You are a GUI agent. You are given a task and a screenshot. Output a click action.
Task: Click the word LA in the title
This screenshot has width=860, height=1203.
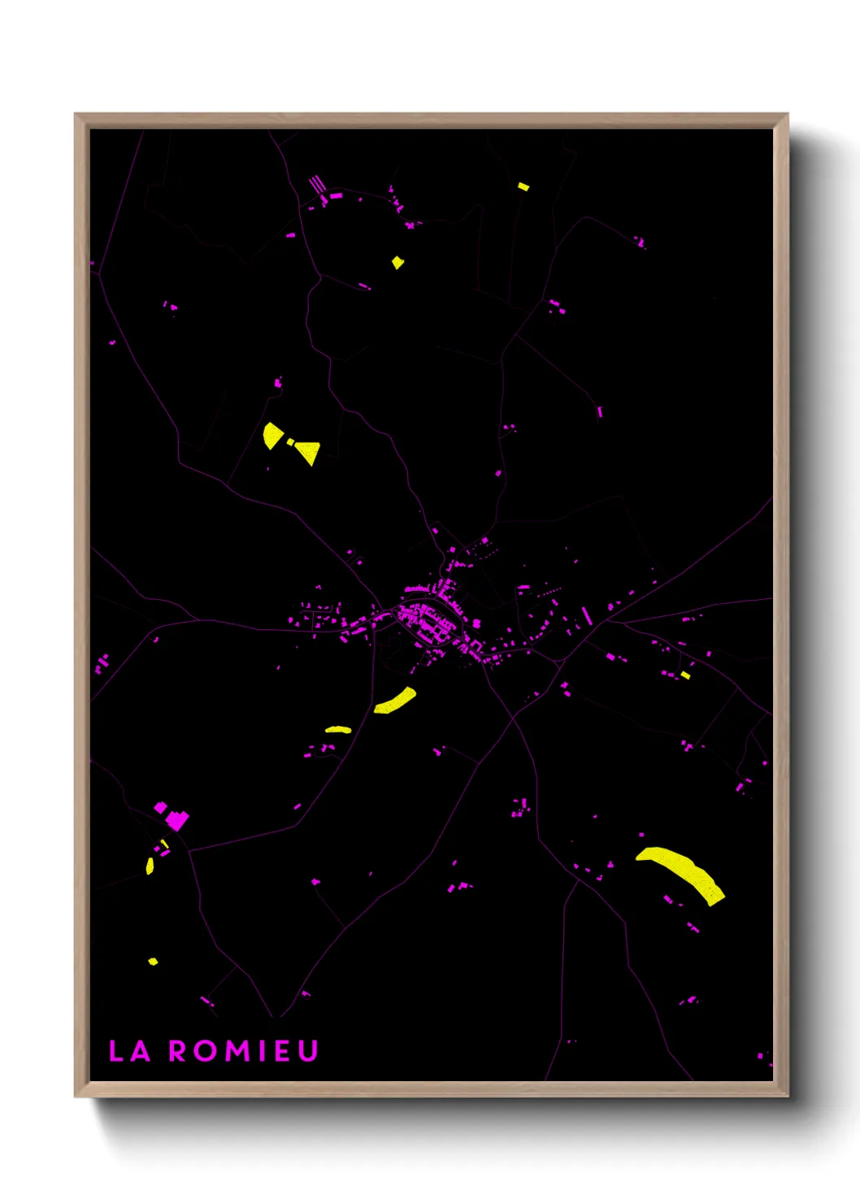tap(130, 1051)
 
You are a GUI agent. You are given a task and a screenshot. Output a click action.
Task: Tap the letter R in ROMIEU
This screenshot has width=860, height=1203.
tap(179, 1051)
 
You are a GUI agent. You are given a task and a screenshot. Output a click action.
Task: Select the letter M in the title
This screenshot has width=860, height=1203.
tap(238, 1051)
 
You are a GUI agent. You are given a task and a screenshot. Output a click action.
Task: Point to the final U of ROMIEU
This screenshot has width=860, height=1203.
tap(307, 1051)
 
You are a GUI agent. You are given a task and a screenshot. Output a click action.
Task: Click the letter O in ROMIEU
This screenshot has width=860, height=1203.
tap(206, 1051)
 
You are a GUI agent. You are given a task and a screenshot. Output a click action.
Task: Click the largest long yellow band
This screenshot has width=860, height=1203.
tap(681, 871)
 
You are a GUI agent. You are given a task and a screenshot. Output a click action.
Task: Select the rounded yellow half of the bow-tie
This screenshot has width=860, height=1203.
tap(272, 435)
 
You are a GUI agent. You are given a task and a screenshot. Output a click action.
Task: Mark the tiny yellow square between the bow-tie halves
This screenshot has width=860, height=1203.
tap(290, 441)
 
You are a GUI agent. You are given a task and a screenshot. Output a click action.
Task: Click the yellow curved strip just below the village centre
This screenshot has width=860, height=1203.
tap(396, 700)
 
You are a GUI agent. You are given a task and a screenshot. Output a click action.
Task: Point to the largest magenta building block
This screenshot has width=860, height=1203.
tap(176, 819)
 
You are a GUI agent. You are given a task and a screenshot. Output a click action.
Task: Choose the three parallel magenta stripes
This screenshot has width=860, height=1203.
tap(316, 185)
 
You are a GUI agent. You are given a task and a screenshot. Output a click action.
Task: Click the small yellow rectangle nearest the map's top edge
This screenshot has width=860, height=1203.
tap(523, 186)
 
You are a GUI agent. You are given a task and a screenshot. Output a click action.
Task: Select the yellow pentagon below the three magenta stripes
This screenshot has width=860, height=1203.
tap(397, 263)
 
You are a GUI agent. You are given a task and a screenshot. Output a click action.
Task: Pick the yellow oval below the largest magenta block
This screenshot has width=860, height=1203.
tap(150, 866)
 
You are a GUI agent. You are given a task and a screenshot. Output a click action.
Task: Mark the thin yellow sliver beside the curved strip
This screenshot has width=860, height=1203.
tap(338, 730)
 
